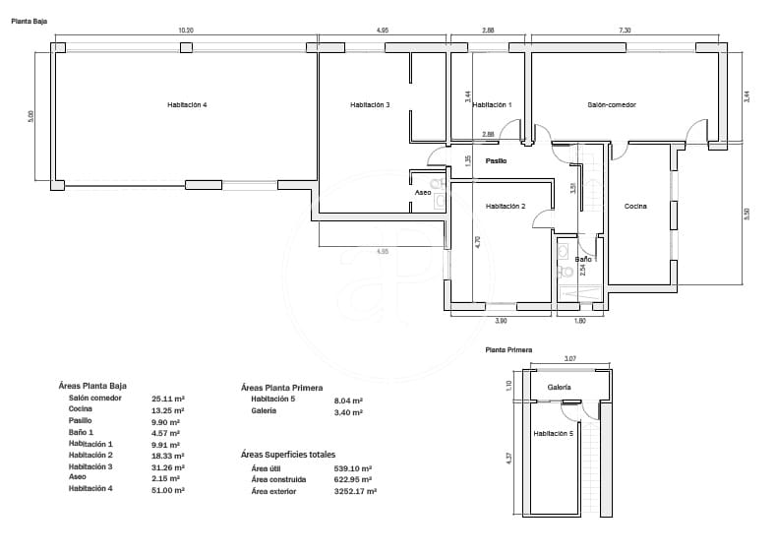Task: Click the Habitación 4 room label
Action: pos(187,104)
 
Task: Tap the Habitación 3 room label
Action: pos(370,104)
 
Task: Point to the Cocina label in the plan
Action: pos(635,206)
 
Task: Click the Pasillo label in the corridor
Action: pos(496,160)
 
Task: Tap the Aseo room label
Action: pos(423,193)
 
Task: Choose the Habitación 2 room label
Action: pos(506,206)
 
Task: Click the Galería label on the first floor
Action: pos(560,388)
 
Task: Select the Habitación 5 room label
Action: pos(553,433)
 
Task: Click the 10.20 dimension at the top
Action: pos(185,31)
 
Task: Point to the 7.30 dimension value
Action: pos(625,31)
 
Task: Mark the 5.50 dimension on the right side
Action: pos(746,214)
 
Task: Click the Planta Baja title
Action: pos(29,20)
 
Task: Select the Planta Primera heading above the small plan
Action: pos(508,349)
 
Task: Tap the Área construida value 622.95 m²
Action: pos(352,479)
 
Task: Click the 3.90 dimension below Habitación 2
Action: pos(500,321)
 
